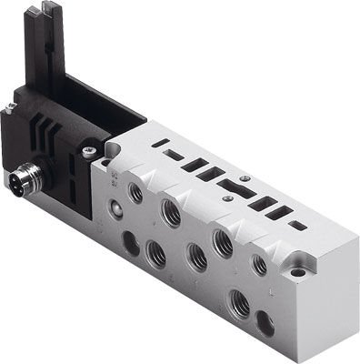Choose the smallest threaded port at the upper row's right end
(x=260, y=265)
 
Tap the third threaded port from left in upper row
(x=219, y=240)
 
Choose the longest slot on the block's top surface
(x=229, y=189)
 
